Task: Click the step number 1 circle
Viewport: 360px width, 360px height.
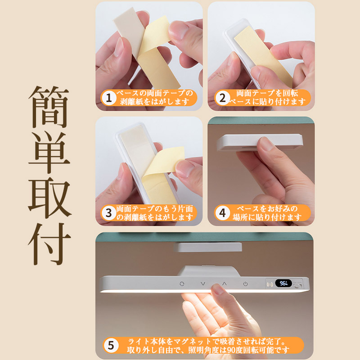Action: [x=108, y=98]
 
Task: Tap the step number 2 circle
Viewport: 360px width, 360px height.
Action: [x=222, y=98]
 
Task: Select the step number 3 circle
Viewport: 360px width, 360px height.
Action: [x=108, y=213]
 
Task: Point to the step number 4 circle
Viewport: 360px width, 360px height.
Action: [x=222, y=213]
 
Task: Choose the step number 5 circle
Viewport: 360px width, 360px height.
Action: [x=111, y=345]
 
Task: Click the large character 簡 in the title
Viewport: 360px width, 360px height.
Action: [x=49, y=107]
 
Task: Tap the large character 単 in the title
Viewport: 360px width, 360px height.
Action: [x=49, y=153]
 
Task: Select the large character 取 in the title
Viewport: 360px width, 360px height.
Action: [x=49, y=198]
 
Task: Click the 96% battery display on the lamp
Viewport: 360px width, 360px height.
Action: [x=283, y=283]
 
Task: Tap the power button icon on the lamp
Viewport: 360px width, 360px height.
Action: [x=245, y=284]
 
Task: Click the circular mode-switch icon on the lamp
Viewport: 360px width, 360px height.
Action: [x=182, y=284]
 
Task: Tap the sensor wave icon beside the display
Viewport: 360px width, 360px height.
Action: [x=270, y=284]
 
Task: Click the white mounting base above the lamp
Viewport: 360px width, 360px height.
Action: [x=208, y=247]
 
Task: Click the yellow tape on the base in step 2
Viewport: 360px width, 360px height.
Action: [x=262, y=54]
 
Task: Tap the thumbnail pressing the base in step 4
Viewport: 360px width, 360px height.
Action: [x=266, y=144]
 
